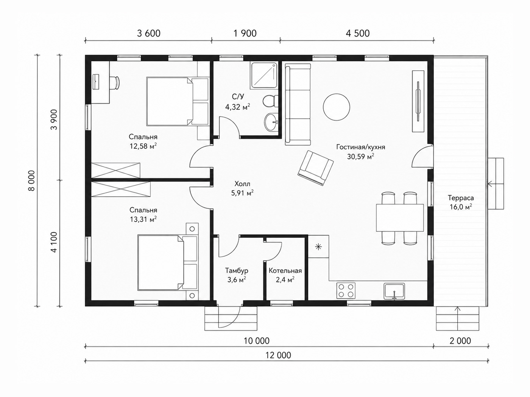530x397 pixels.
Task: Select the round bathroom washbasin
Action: pos(271,122)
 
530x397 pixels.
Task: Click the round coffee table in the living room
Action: pos(336,107)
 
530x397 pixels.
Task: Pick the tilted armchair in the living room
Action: pos(315,168)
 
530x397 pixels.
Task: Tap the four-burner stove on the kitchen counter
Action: pos(346,290)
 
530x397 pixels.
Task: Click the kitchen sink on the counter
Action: pos(394,291)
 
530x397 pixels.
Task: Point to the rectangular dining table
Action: pos(400,218)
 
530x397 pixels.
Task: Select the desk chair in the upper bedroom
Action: pos(114,84)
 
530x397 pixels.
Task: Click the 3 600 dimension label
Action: pos(148,34)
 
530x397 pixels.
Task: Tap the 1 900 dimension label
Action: pos(245,34)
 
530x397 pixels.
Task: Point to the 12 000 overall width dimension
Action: pos(278,355)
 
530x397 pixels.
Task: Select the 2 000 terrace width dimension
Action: pos(460,341)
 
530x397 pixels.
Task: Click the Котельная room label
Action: pos(285,270)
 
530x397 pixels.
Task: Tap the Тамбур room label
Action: pos(237,270)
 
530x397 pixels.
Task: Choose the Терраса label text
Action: pos(461,198)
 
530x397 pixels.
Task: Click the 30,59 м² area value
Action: pos(361,157)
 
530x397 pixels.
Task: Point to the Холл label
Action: pos(242,184)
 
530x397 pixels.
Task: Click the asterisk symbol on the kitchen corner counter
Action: pos(318,247)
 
